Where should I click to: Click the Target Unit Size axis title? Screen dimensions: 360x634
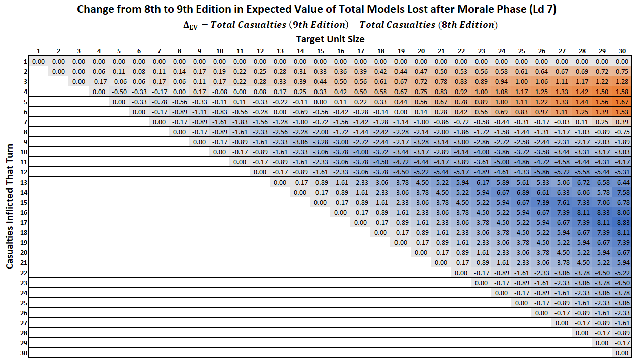(330, 39)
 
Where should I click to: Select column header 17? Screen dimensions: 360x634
(360, 51)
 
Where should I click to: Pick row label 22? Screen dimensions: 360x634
(24, 273)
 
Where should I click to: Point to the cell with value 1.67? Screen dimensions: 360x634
(622, 102)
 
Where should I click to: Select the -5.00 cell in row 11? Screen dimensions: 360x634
(501, 162)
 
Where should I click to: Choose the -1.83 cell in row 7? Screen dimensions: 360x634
(240, 122)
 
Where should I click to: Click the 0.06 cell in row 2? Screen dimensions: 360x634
(99, 71)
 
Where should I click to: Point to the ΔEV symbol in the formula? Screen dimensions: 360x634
(190, 25)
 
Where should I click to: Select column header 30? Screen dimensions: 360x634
(622, 51)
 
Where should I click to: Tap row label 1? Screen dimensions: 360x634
(24, 61)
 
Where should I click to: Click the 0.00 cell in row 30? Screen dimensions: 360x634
(622, 353)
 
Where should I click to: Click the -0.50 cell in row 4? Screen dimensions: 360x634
(119, 92)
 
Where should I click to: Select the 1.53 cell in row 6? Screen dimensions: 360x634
(622, 112)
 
